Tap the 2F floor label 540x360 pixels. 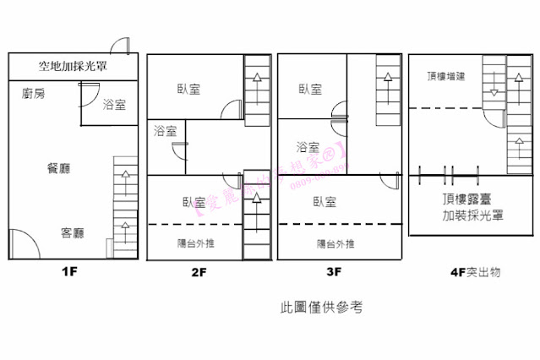pos(199,272)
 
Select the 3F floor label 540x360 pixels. pos(333,272)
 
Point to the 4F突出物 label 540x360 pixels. pos(476,272)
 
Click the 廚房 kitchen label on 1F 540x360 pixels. pos(34,94)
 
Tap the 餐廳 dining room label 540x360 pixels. pos(58,169)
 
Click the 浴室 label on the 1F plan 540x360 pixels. pos(114,105)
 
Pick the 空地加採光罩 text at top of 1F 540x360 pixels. pos(76,65)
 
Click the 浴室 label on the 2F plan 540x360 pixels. pos(166,131)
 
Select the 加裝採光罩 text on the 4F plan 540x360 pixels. pos(473,215)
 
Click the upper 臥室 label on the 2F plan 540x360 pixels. pos(188,90)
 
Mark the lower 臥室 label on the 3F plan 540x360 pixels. pos(325,202)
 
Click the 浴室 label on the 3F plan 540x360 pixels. pos(308,147)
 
